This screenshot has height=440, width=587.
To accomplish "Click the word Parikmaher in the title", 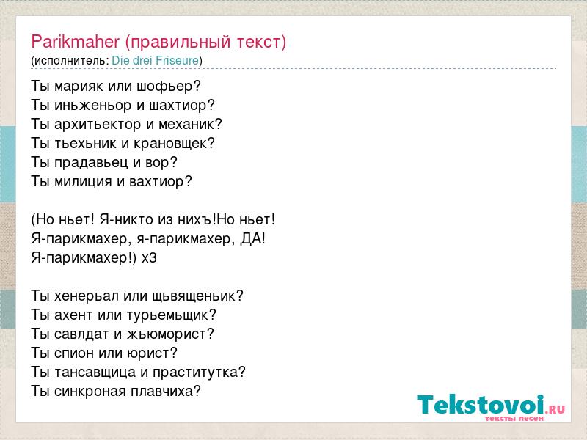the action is coord(76,41).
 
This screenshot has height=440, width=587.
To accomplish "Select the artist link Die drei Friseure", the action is coord(156,60).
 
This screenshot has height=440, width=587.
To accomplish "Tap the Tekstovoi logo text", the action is coord(481,404).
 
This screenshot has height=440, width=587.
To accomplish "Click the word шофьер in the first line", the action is coord(169,87).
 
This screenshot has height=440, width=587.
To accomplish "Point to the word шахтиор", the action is coord(182,106).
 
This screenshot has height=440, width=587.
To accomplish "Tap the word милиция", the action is coord(83,181).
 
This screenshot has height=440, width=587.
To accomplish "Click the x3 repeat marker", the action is coord(149,258).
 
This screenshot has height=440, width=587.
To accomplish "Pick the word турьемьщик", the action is coord(172,315).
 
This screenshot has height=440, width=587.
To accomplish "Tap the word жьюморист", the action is coord(170,334).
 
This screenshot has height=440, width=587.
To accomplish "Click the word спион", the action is coord(74,353).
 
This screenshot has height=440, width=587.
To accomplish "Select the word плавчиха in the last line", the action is coord(166,392).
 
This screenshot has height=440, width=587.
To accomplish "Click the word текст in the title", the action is coord(258,42).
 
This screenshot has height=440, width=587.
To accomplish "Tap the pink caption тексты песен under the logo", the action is coord(514,418).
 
